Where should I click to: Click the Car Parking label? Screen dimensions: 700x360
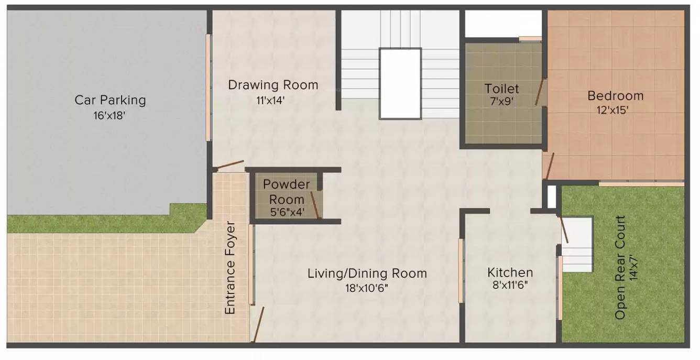point(110,100)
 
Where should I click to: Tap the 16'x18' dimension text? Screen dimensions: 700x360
point(110,116)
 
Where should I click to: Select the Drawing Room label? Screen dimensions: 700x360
point(273,85)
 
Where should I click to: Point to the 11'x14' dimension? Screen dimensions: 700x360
point(270,101)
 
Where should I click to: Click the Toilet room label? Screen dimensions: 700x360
point(501,89)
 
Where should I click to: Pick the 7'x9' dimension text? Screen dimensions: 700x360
point(502,101)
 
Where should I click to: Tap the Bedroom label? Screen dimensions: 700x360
point(615,95)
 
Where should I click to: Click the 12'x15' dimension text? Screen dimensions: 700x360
point(612,110)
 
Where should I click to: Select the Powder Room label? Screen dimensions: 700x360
point(287,192)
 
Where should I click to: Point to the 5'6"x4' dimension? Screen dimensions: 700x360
point(287,212)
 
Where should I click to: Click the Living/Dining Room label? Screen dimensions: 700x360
point(367,274)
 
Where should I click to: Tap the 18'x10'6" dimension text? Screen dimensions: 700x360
point(367,288)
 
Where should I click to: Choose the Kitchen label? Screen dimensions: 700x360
point(510,272)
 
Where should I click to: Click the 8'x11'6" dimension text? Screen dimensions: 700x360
point(510,285)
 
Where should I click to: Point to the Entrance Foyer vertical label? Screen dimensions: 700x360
point(230,267)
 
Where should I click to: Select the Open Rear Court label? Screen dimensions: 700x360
point(620,267)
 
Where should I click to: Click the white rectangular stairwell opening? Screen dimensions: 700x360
point(400,83)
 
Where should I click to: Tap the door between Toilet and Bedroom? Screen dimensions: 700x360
point(540,91)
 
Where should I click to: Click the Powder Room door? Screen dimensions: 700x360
point(315,205)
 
